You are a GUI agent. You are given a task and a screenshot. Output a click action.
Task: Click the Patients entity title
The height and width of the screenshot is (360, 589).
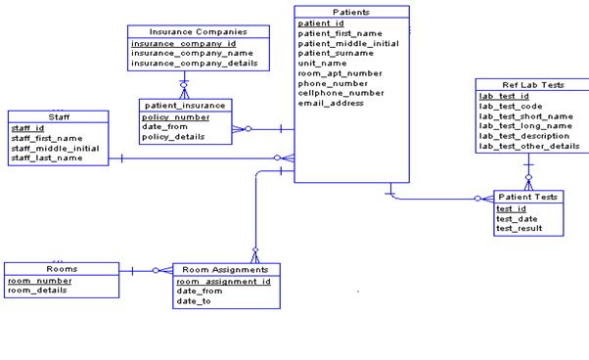351,12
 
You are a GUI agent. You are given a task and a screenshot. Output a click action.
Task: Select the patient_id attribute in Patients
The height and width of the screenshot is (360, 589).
321,22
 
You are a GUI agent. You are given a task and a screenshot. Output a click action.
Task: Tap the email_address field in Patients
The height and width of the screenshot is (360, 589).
331,103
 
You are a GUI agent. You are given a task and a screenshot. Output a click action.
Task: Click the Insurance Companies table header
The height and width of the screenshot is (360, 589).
185,32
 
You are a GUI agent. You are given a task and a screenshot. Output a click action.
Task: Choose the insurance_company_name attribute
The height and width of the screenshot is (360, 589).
185,54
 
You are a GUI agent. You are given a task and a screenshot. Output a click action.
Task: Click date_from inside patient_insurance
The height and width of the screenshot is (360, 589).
164,126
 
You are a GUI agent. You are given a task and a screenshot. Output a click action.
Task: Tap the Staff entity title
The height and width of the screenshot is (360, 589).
59,116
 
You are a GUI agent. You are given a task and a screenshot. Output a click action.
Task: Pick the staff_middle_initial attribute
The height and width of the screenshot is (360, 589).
55,148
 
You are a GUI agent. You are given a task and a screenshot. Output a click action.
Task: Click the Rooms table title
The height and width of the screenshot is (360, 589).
62,268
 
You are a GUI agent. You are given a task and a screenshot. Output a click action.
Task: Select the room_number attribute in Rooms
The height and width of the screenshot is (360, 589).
40,280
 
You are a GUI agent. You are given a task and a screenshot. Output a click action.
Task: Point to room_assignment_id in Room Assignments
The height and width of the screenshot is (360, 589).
223,281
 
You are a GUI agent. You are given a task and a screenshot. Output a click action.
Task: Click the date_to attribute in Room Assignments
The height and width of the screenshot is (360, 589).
193,301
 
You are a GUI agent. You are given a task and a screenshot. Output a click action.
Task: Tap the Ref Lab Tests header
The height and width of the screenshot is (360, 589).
532,85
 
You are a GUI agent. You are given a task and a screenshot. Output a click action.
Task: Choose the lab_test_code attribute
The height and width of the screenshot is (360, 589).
513,106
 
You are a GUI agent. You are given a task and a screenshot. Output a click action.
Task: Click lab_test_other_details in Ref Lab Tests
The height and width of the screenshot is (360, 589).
528,146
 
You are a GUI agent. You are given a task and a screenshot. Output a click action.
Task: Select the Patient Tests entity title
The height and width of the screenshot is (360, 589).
527,197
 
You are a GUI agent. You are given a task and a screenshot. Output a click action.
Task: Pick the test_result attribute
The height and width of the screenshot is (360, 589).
519,228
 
